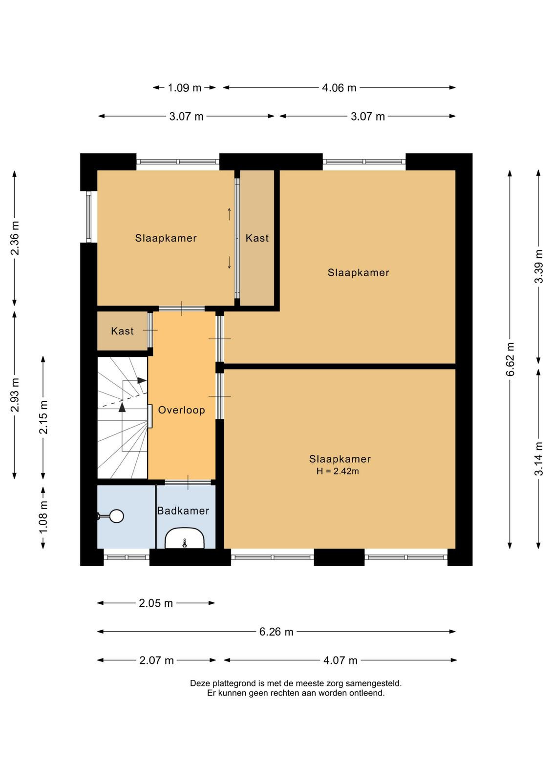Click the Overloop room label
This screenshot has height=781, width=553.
181,410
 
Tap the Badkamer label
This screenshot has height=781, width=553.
183,511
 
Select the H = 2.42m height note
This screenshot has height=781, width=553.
338,471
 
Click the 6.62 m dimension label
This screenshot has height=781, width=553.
510,359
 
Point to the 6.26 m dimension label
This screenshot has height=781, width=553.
276,632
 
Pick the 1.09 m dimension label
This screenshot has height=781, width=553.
185,87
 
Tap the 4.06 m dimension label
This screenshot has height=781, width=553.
339,87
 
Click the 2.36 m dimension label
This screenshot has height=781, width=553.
15,238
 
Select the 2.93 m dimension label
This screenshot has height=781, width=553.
15,395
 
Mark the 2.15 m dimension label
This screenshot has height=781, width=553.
43,417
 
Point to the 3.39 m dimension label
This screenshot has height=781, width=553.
539,267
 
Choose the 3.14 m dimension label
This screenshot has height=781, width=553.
539,458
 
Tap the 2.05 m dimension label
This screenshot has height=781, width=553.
156,603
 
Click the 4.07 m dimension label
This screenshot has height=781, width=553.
340,660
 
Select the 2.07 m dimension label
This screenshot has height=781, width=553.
157,660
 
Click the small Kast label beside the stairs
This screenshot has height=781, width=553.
122,330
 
